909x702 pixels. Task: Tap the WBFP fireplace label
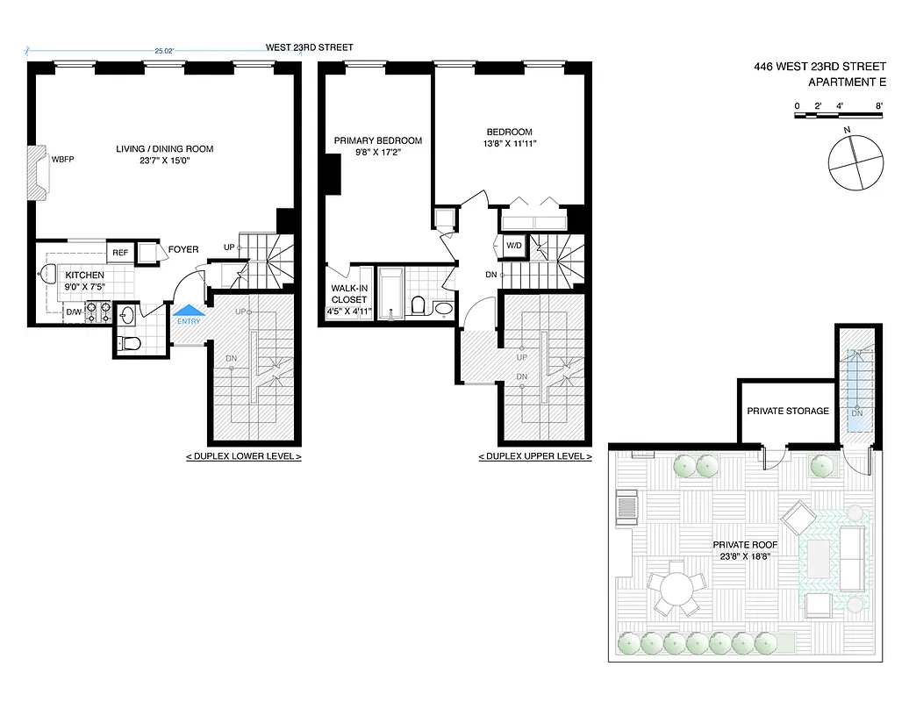pyautogui.click(x=63, y=160)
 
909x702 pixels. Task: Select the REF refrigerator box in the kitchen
pyautogui.click(x=119, y=253)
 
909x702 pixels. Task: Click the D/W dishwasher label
pyautogui.click(x=75, y=311)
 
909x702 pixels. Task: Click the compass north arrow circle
pyautogui.click(x=852, y=162)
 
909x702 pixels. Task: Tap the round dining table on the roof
pyautogui.click(x=676, y=590)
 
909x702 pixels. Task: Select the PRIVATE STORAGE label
pyautogui.click(x=787, y=411)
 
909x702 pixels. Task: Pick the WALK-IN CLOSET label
pyautogui.click(x=348, y=293)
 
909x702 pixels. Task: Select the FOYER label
pyautogui.click(x=183, y=249)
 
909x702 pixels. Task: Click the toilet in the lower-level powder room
pyautogui.click(x=129, y=343)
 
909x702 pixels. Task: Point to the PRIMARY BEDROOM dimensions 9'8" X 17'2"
pyautogui.click(x=377, y=153)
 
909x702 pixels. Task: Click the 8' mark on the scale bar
pyautogui.click(x=878, y=106)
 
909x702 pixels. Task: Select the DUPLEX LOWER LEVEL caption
pyautogui.click(x=243, y=457)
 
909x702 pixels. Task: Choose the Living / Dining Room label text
pyautogui.click(x=165, y=148)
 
